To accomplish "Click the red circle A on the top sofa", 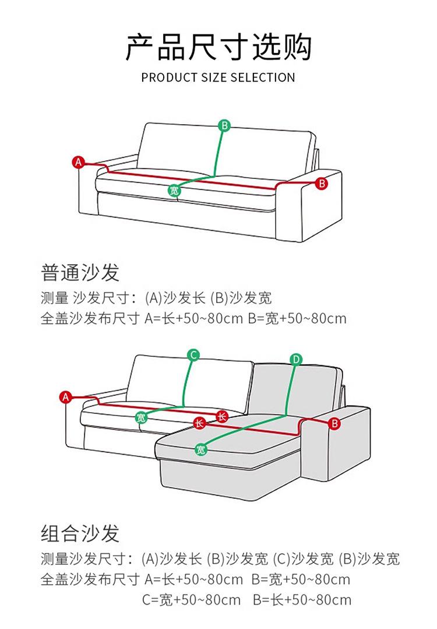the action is (x=79, y=161).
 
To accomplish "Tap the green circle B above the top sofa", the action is (x=224, y=125).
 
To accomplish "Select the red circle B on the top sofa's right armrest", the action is (x=321, y=184).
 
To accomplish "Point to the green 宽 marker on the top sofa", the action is (x=174, y=190).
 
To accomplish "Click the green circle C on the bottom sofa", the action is (x=193, y=355).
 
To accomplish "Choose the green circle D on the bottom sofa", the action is (x=295, y=359).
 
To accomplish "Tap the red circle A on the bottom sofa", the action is (x=65, y=398).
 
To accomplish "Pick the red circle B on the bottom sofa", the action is (x=334, y=423).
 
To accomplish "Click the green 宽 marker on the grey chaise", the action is (x=200, y=449).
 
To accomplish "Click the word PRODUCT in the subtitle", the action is (x=165, y=78).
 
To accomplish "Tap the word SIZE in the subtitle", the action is (x=214, y=78).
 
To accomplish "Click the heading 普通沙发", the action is (x=80, y=272).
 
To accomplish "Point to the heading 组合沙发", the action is (x=80, y=533).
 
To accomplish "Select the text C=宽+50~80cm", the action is (x=191, y=600).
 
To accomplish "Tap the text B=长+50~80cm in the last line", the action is (x=302, y=600).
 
